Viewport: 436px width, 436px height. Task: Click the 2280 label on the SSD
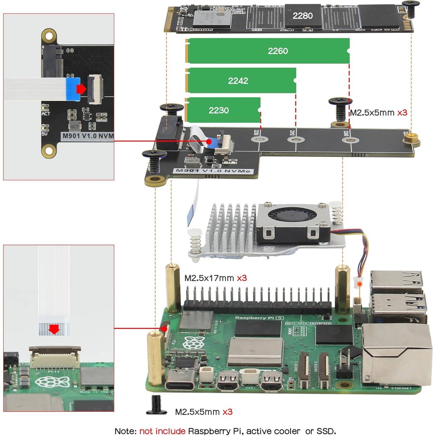(302, 16)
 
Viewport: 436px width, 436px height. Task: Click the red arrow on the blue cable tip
(81, 89)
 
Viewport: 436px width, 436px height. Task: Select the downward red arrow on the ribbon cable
(54, 329)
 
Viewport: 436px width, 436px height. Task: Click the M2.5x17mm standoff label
(209, 278)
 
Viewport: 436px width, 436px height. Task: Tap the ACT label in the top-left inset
(46, 114)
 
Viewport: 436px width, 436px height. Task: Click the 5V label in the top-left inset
(44, 133)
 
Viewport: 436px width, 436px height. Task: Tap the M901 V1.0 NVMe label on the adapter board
(213, 171)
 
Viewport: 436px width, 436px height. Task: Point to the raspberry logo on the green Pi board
(194, 343)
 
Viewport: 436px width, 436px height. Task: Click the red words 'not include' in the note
(162, 431)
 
